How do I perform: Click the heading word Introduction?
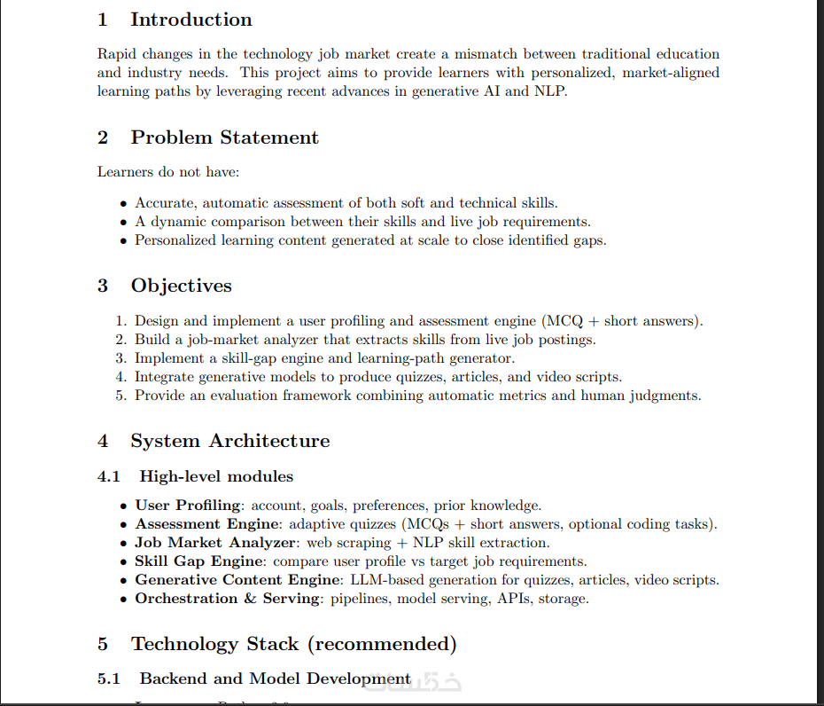pos(190,20)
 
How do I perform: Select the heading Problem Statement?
pos(224,137)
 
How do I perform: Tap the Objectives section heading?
pos(181,286)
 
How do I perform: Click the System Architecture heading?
pos(229,441)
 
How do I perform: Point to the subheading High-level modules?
pos(216,476)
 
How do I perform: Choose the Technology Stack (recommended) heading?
pos(293,644)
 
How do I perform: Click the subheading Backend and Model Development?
pos(275,679)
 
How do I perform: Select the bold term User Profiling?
pos(188,506)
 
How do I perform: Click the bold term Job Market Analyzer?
pos(215,543)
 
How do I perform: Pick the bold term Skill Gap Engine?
pos(198,561)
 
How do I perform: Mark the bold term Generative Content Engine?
pos(237,580)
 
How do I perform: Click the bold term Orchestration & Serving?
pos(228,599)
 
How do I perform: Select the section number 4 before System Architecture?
pos(103,441)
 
